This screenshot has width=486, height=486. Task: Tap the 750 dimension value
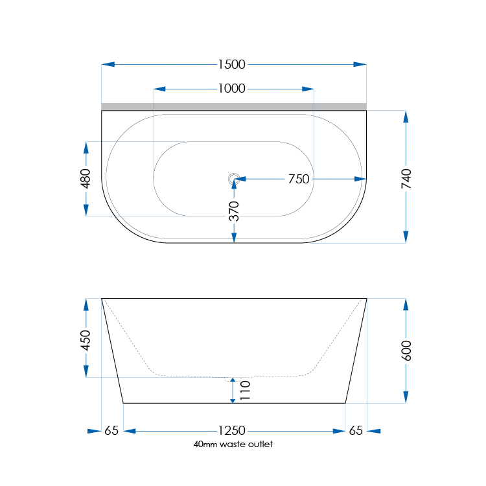pyautogui.click(x=298, y=179)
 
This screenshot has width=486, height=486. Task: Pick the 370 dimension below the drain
pyautogui.click(x=234, y=211)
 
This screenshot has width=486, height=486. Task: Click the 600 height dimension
pyautogui.click(x=406, y=351)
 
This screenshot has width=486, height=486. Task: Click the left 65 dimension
pyautogui.click(x=111, y=430)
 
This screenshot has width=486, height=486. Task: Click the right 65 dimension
pyautogui.click(x=356, y=430)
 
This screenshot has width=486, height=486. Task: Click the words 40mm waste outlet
pyautogui.click(x=233, y=445)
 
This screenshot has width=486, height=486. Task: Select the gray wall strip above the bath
pyautogui.click(x=234, y=106)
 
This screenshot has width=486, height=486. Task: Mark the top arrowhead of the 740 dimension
pyautogui.click(x=406, y=117)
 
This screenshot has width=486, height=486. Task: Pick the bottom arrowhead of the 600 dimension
pyautogui.click(x=406, y=396)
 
